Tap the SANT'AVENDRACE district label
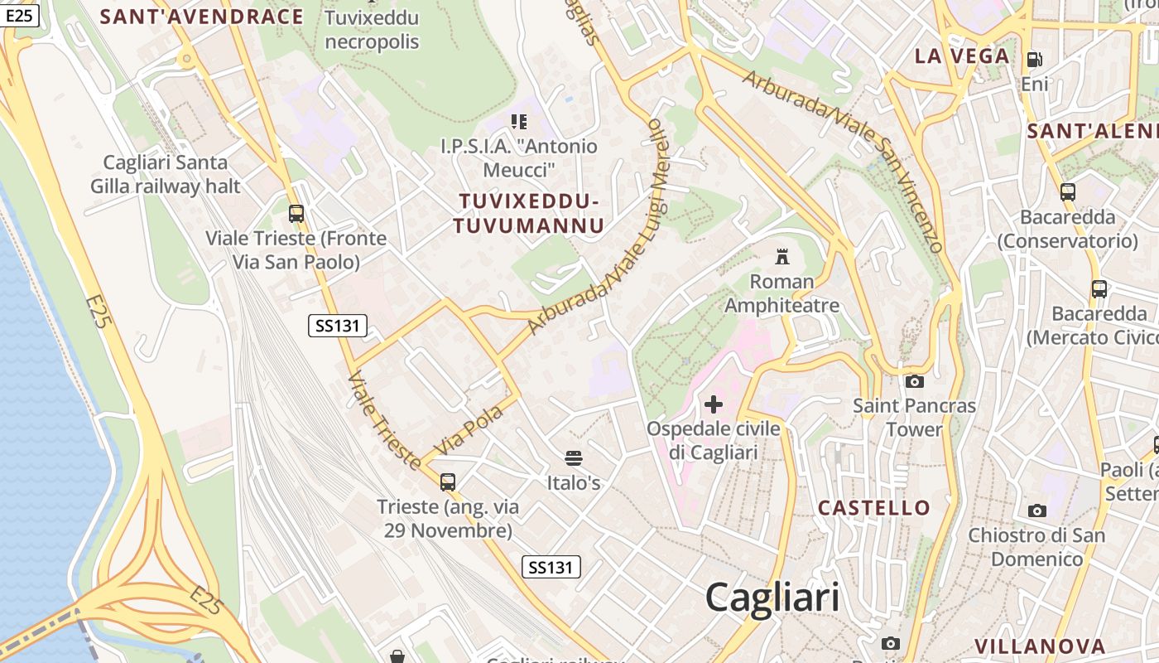tap(201, 17)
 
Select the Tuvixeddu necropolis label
tap(372, 30)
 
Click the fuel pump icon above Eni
tap(1034, 60)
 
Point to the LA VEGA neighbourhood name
tap(962, 56)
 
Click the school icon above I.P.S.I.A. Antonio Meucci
tap(519, 123)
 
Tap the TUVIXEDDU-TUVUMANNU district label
tap(528, 213)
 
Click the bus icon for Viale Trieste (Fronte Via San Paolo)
tap(296, 214)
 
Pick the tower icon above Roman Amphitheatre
tap(782, 257)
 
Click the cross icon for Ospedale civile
tap(714, 404)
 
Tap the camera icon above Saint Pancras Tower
tap(915, 381)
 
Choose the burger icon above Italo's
tap(573, 458)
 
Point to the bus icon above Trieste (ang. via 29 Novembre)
tap(448, 482)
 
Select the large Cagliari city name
tap(772, 598)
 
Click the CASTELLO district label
tap(874, 507)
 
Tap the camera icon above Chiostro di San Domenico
tap(1036, 511)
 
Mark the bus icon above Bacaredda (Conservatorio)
tap(1068, 192)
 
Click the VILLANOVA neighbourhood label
tap(1040, 646)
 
